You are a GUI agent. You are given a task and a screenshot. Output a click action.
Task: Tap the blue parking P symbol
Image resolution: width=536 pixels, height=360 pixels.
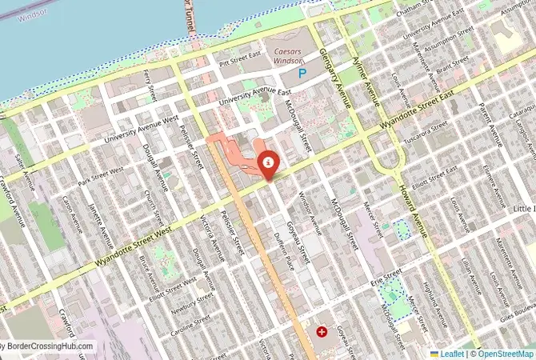[302, 74]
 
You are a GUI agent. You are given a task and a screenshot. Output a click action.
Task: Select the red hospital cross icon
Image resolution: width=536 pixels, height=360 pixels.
[322, 331]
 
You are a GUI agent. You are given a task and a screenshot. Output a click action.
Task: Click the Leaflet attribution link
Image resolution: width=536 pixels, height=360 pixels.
[452, 353]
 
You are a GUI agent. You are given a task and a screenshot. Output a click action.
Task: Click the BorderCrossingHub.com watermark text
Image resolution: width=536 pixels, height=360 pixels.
[48, 347]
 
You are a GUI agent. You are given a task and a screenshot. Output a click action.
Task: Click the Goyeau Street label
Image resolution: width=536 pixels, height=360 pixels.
[294, 232]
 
